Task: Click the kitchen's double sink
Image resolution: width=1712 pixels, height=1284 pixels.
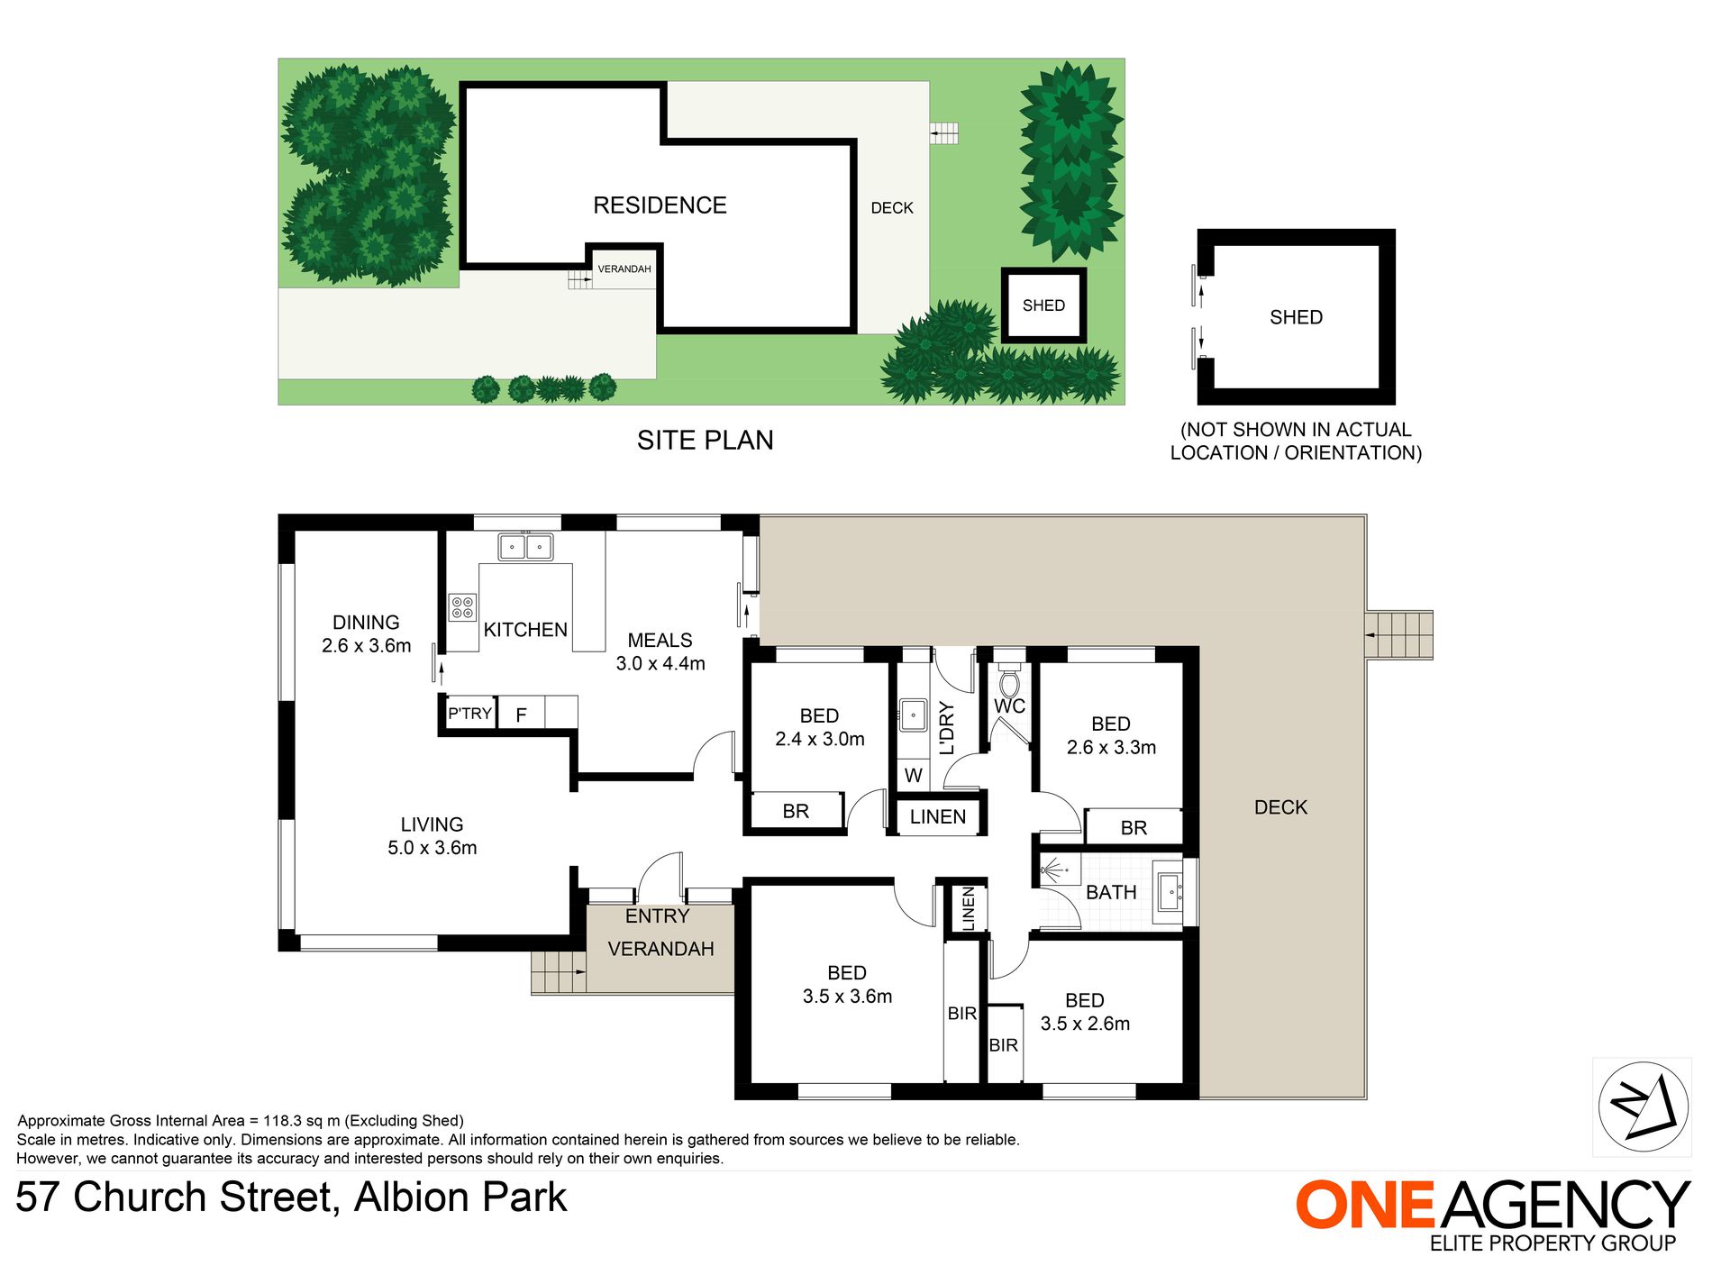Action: coord(525,547)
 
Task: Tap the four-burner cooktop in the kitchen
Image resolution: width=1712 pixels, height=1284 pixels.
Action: coord(462,607)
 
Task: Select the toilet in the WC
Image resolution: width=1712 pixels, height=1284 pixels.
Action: coord(1009,682)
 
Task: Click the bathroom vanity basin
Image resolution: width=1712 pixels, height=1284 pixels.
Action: coord(1170,892)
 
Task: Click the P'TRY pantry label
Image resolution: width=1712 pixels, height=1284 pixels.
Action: coord(469,714)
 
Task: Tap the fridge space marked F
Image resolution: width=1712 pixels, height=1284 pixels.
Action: coord(521,715)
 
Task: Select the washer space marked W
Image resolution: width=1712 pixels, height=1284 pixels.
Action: coord(913,775)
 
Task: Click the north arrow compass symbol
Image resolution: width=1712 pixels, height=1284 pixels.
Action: coord(1643,1106)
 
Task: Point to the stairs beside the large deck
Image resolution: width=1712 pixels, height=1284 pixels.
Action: coord(1399,635)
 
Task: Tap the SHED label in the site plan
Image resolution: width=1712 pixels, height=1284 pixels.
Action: coord(1043,305)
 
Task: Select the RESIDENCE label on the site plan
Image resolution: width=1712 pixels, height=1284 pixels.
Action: coord(660,205)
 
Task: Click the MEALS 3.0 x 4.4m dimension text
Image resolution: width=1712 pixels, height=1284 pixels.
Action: coord(660,664)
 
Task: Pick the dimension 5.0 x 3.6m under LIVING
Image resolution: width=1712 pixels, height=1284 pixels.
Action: coord(433,848)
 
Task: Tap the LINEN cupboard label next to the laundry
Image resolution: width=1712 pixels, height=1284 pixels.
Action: coord(938,816)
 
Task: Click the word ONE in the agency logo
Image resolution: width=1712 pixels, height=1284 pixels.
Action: coord(1365,1206)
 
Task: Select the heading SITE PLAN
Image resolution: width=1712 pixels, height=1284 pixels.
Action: coord(705,440)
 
